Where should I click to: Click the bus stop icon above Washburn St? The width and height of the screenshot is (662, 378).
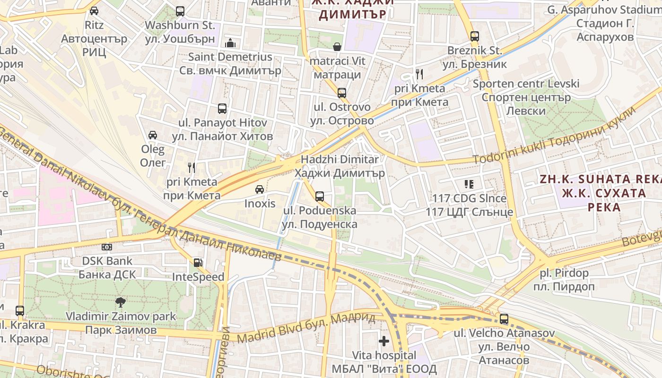[180, 11]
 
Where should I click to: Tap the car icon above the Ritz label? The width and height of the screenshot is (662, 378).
[94, 10]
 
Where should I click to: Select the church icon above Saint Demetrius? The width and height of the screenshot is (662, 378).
[230, 43]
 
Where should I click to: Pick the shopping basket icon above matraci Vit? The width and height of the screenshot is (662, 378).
[337, 47]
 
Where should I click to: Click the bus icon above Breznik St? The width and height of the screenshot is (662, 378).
[475, 36]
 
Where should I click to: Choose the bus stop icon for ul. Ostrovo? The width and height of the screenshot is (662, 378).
[342, 93]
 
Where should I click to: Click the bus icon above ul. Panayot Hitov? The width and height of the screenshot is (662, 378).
[222, 109]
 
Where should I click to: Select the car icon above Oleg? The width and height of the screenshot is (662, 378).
[153, 135]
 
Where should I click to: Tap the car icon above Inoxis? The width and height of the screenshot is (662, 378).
[260, 189]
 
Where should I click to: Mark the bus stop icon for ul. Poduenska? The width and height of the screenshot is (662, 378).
[320, 196]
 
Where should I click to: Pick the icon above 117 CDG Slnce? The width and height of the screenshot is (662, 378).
[469, 184]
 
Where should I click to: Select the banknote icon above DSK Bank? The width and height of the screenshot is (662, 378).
[107, 247]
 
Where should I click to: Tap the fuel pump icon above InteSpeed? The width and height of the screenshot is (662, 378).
[198, 263]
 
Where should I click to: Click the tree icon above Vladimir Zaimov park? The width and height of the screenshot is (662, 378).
[121, 302]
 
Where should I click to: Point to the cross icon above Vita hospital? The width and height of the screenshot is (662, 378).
[384, 341]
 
